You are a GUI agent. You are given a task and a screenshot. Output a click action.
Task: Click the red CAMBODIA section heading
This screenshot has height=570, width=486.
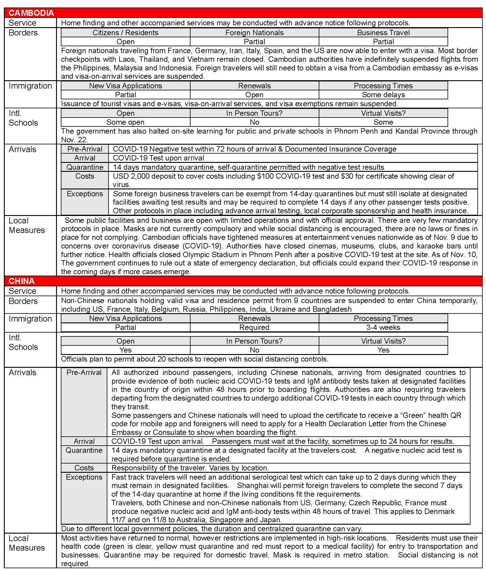point(31,13)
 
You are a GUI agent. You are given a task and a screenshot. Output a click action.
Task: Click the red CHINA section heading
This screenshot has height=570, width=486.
point(21,281)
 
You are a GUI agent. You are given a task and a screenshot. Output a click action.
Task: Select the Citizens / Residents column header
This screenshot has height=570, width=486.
point(126,33)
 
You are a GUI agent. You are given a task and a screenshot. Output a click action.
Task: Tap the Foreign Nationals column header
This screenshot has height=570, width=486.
point(254,33)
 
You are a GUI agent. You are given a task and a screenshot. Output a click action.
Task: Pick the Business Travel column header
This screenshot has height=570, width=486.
point(383,33)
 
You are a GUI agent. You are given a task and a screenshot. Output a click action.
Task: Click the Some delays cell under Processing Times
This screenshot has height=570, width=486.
point(383,95)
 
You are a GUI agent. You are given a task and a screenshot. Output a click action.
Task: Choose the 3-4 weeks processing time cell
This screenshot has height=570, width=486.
point(383,327)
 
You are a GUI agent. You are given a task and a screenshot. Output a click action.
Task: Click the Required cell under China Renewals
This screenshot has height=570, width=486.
point(254,327)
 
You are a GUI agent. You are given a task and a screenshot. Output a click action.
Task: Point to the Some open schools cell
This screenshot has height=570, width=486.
point(126,122)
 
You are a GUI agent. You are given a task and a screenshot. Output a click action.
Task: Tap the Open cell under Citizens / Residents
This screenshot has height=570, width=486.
point(126,41)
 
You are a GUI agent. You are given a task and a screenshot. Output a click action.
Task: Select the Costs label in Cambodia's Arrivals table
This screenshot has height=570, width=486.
point(85,176)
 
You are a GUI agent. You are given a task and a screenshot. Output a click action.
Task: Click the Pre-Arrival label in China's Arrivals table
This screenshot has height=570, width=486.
point(84,372)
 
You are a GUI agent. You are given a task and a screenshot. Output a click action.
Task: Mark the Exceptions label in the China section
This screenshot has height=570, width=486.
point(84,477)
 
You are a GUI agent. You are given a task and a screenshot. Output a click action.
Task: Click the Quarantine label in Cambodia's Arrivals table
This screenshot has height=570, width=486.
point(85,167)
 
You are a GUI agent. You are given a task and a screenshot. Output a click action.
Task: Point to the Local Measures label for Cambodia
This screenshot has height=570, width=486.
point(27,225)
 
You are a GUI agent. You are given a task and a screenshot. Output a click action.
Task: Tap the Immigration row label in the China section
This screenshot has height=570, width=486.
point(30,319)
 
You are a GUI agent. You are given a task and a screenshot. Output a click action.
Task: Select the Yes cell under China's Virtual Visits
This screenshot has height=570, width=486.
point(383,350)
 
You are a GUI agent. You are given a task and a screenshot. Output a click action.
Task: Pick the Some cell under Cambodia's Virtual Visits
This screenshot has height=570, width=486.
point(383,122)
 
